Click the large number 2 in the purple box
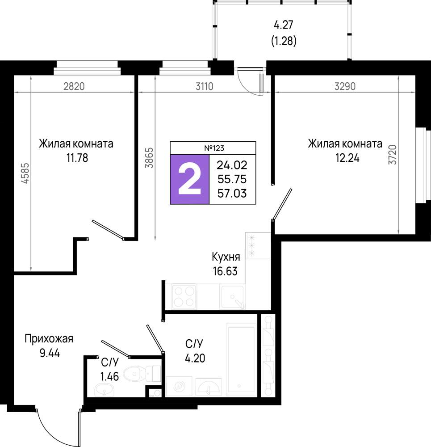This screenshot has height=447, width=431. coord(189,180)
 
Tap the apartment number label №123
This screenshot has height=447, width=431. coord(214,148)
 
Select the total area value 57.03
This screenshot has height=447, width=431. coord(232,194)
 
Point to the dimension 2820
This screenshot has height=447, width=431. coord(74,86)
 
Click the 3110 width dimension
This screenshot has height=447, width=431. coord(205,86)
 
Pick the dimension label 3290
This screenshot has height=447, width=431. coord(345,86)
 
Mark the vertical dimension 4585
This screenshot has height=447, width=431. coord(25,173)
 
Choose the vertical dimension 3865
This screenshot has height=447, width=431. coord(149,158)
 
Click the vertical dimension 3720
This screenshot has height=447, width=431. coord(393,155)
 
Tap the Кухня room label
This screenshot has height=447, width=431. coord(226,257)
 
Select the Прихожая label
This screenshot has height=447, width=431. coord(49,339)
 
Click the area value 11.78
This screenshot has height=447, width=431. coord(77,158)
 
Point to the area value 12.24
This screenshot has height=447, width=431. coord(347,158)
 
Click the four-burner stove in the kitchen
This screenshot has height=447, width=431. coord(184,296)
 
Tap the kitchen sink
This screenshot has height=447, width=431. coord(232,296)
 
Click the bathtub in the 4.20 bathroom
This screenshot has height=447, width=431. coord(241,360)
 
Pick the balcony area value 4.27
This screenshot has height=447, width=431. coord(284,25)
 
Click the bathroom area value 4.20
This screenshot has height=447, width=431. coord(195,358)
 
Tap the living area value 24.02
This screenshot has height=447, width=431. coord(232,165)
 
